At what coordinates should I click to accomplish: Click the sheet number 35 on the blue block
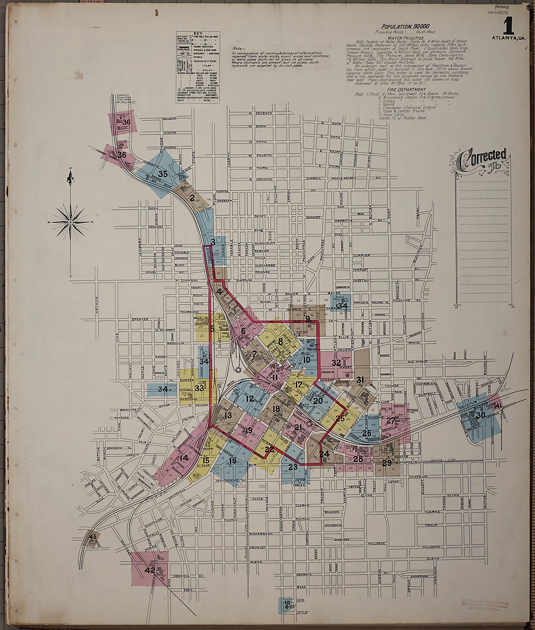point(163,174)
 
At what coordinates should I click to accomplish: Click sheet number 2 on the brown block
point(192,198)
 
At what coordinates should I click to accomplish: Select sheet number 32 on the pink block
point(336,363)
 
